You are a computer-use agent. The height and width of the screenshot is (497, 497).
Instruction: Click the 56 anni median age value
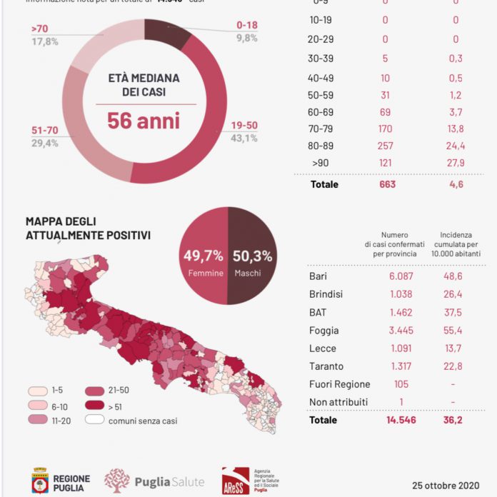click(143, 120)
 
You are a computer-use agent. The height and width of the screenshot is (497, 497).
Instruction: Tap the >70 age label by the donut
click(39, 29)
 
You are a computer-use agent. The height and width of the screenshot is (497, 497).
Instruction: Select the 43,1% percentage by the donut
click(244, 138)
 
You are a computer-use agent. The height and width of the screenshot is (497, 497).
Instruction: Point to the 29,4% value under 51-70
click(44, 144)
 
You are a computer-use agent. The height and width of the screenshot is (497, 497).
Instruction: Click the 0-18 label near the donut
click(246, 26)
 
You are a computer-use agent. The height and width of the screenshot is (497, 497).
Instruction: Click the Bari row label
click(318, 276)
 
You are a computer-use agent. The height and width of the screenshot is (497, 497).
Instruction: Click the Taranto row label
click(325, 366)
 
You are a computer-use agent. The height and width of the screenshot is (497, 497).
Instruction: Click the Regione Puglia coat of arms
click(40, 480)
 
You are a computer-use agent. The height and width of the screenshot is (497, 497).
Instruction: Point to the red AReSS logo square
click(236, 481)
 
